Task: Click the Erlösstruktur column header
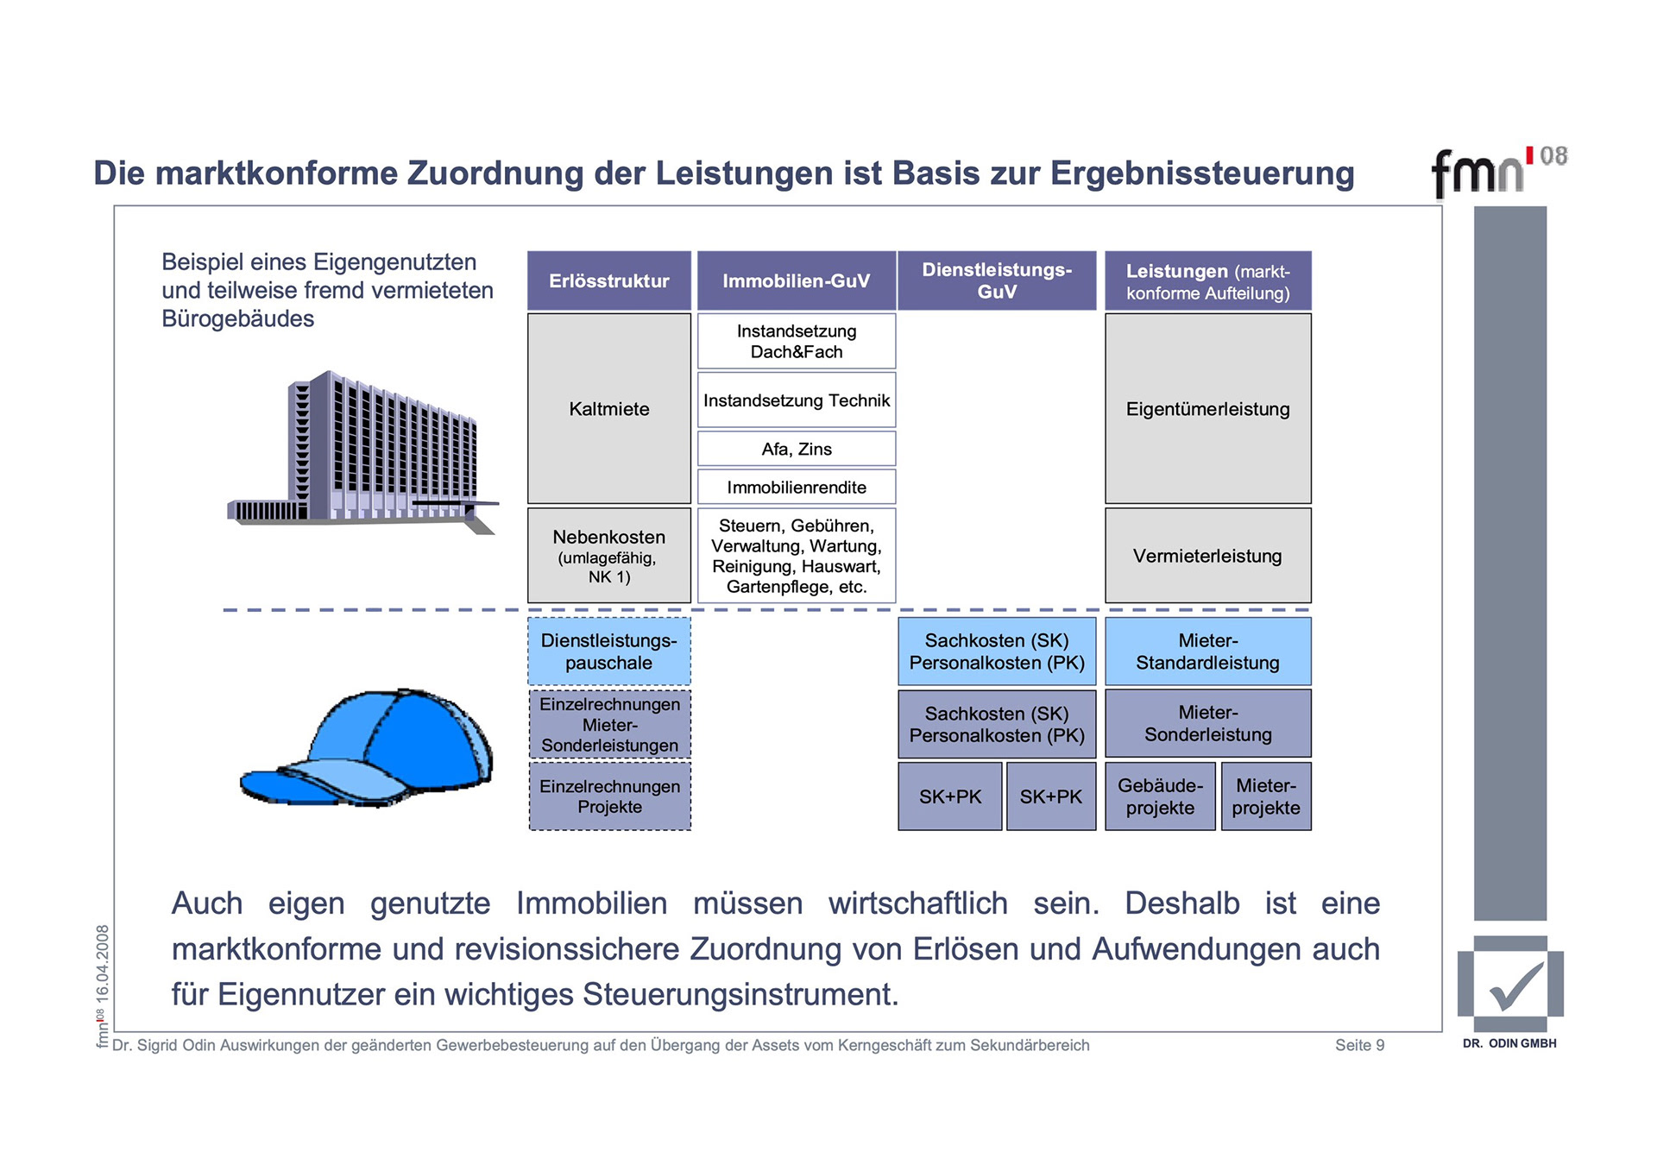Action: click(608, 280)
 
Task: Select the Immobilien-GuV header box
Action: click(796, 280)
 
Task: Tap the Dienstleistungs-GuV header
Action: click(997, 280)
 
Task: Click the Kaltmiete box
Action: click(608, 408)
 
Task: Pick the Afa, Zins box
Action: click(796, 449)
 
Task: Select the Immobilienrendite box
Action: click(796, 487)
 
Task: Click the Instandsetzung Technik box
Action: click(796, 400)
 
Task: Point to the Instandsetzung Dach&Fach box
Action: click(796, 341)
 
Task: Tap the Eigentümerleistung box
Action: click(1207, 408)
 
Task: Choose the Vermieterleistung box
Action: click(1207, 556)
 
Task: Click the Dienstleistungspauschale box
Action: click(608, 652)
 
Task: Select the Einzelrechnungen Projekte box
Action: click(608, 796)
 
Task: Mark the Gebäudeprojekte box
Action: click(1160, 796)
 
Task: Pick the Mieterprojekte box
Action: click(1266, 796)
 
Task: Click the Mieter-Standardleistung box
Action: click(1207, 652)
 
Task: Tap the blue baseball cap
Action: click(371, 746)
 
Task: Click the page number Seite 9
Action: click(1359, 1045)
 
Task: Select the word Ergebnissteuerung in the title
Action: click(1201, 173)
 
